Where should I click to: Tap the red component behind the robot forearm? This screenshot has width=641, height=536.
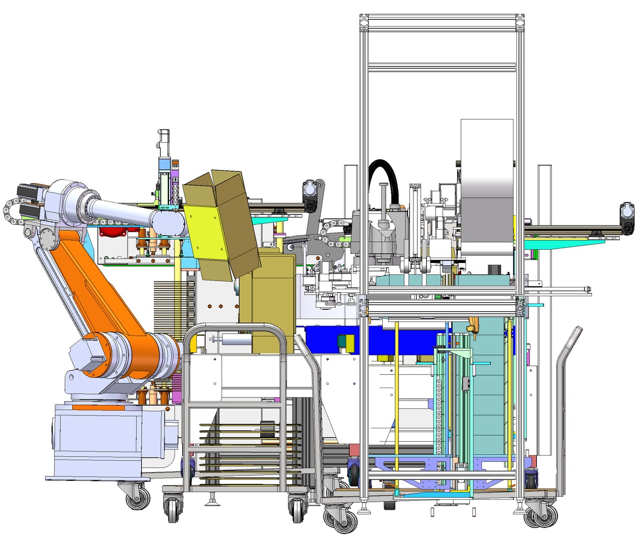[x=113, y=231]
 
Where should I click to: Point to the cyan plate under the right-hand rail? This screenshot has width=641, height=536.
[x=560, y=243]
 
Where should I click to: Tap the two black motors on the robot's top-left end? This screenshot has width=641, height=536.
[x=27, y=199]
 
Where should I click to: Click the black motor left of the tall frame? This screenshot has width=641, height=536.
[x=311, y=195]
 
